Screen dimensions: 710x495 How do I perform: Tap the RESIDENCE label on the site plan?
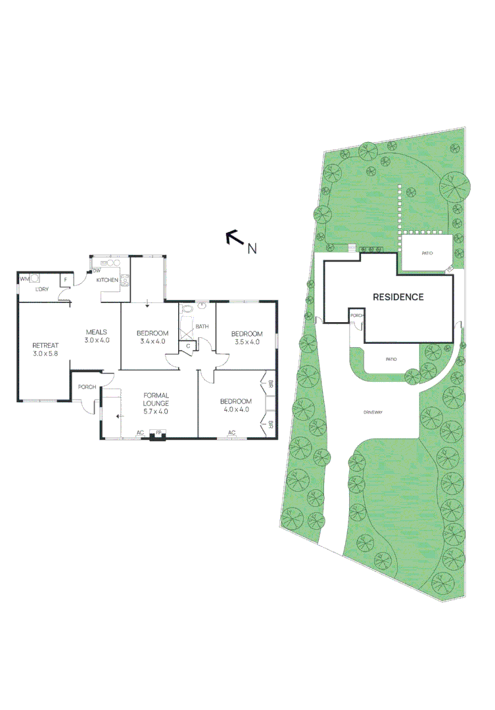pyautogui.click(x=398, y=296)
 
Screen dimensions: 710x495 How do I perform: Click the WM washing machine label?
pyautogui.click(x=25, y=279)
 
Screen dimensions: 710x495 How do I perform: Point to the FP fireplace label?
pyautogui.click(x=158, y=433)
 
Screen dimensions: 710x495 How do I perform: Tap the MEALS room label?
pyautogui.click(x=97, y=332)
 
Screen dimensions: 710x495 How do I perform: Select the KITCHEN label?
pyautogui.click(x=107, y=280)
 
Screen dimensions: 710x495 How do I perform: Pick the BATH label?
pyautogui.click(x=202, y=326)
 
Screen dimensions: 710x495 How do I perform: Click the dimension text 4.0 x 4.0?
pyautogui.click(x=236, y=410)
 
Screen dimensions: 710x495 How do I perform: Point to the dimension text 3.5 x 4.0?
pyautogui.click(x=247, y=342)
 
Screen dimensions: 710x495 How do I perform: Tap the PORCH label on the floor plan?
pyautogui.click(x=87, y=387)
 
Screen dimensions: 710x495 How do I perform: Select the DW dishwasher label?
pyautogui.click(x=97, y=272)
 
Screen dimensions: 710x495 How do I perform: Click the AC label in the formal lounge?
pyautogui.click(x=140, y=433)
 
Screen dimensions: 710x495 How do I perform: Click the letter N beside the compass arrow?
pyautogui.click(x=252, y=248)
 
